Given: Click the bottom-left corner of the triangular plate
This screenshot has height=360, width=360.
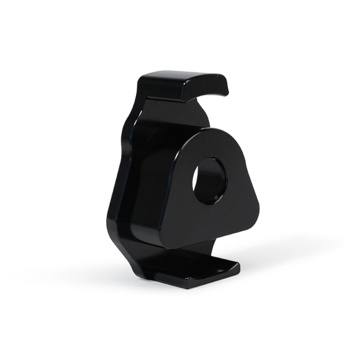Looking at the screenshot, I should (x=163, y=239).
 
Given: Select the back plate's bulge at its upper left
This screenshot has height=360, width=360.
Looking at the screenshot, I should (x=133, y=121).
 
